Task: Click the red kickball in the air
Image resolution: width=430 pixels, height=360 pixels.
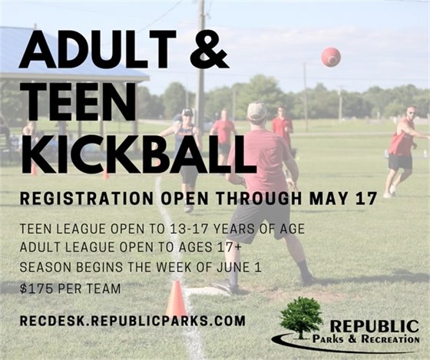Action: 331,57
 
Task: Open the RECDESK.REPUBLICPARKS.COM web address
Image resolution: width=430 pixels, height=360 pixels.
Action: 133,321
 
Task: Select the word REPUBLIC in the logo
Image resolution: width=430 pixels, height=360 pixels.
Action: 375,326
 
